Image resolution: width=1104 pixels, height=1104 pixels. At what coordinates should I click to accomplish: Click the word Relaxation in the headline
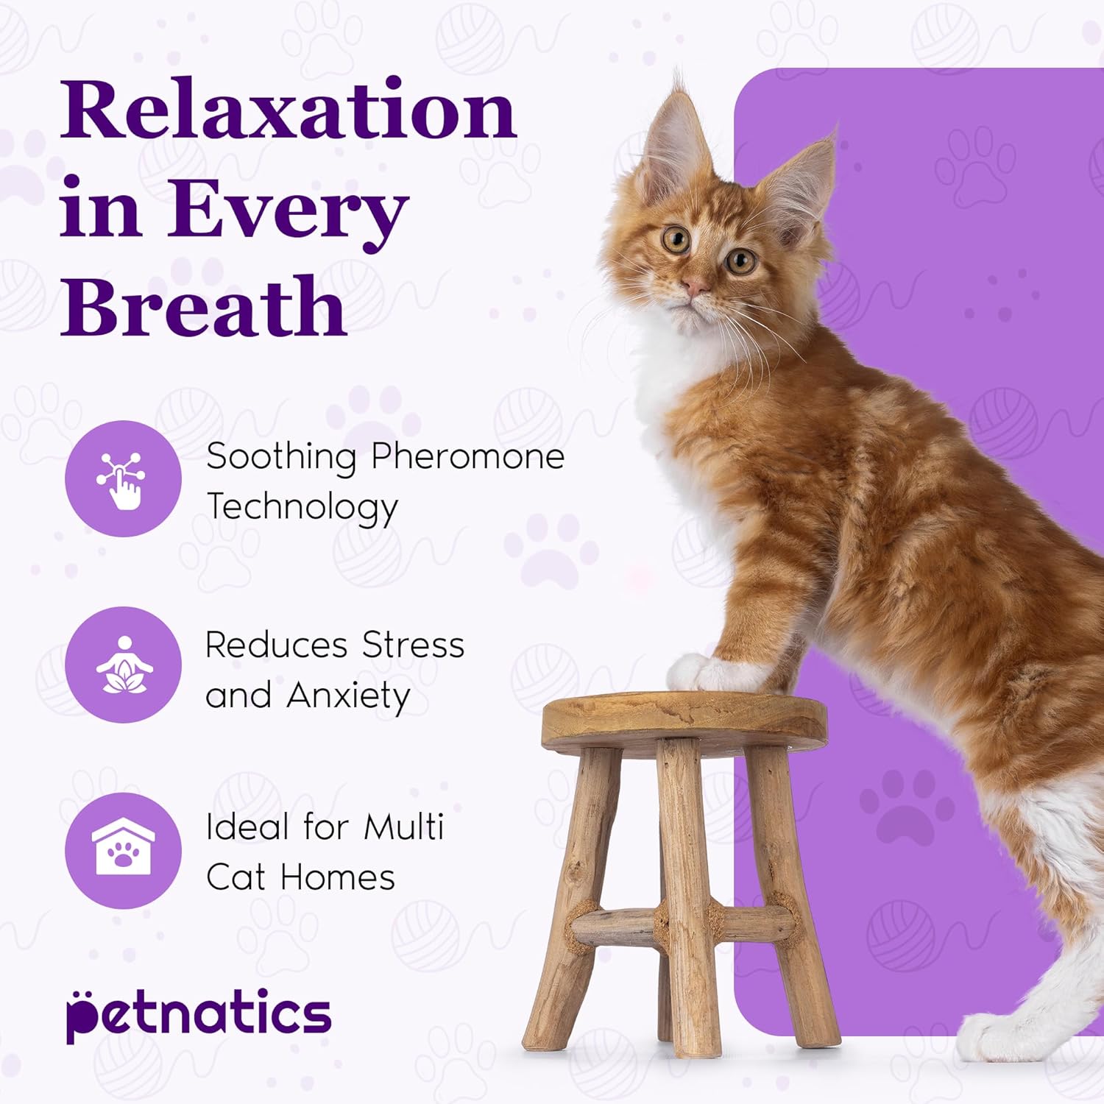pyautogui.click(x=289, y=110)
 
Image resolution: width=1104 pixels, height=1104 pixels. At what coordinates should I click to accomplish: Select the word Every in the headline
pyautogui.click(x=287, y=210)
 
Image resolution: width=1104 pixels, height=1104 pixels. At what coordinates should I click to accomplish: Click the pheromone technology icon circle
pyautogui.click(x=123, y=478)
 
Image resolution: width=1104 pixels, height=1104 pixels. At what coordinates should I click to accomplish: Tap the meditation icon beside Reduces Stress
pyautogui.click(x=123, y=665)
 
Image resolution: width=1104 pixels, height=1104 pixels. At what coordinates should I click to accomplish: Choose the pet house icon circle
pyautogui.click(x=123, y=851)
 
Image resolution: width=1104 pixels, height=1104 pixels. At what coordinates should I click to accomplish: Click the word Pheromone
pyautogui.click(x=467, y=457)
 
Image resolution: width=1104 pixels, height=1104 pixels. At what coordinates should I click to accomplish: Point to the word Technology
pyautogui.click(x=302, y=508)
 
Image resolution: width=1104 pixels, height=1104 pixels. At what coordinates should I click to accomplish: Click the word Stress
pyautogui.click(x=413, y=645)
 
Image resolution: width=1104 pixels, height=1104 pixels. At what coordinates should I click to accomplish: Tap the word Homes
pyautogui.click(x=337, y=878)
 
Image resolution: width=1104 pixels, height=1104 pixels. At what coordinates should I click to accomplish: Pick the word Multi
pyautogui.click(x=404, y=827)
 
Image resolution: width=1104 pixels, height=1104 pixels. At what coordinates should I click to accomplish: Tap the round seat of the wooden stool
pyautogui.click(x=684, y=718)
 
